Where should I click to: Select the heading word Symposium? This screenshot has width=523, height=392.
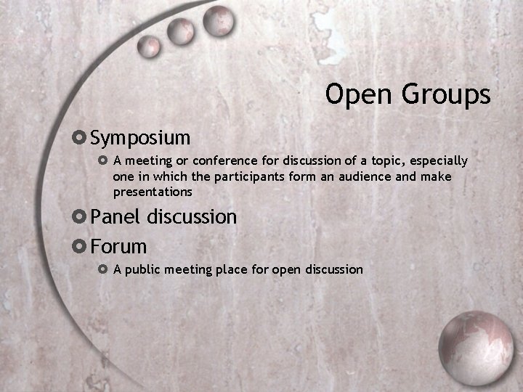pyautogui.click(x=140, y=137)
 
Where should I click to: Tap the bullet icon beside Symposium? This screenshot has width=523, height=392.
pyautogui.click(x=80, y=136)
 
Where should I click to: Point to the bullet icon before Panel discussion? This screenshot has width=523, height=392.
pyautogui.click(x=80, y=216)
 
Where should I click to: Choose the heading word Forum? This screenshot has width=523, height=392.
pyautogui.click(x=118, y=246)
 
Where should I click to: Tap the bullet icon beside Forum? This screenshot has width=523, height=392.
pyautogui.click(x=80, y=246)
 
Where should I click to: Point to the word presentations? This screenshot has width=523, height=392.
pyautogui.click(x=153, y=192)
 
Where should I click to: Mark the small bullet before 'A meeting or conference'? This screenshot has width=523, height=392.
pyautogui.click(x=102, y=160)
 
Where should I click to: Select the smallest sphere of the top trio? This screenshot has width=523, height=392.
pyautogui.click(x=150, y=45)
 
